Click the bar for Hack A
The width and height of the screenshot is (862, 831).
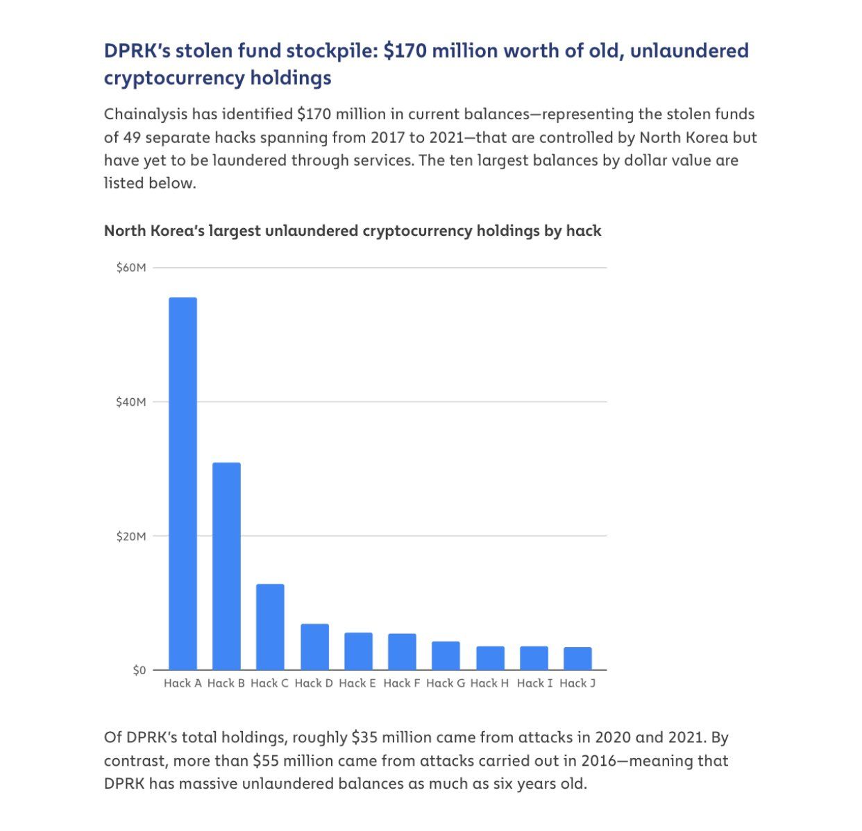(183, 483)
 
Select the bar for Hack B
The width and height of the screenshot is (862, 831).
(226, 566)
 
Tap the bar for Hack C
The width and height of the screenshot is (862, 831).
(270, 627)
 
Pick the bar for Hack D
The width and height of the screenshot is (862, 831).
(314, 646)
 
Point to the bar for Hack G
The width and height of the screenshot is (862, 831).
(446, 656)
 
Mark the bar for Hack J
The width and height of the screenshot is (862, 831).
(577, 658)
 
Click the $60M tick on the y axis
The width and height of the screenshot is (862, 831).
(131, 268)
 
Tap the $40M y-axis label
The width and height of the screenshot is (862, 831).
(131, 402)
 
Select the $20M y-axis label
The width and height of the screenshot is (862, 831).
(131, 536)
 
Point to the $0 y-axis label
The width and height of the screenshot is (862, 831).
(140, 670)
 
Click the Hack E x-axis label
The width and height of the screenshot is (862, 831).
(357, 683)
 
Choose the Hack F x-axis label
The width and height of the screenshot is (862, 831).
(402, 683)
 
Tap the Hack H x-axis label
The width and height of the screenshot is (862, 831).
(489, 683)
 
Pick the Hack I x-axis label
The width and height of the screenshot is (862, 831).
(534, 683)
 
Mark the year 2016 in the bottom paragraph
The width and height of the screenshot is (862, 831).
(598, 761)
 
